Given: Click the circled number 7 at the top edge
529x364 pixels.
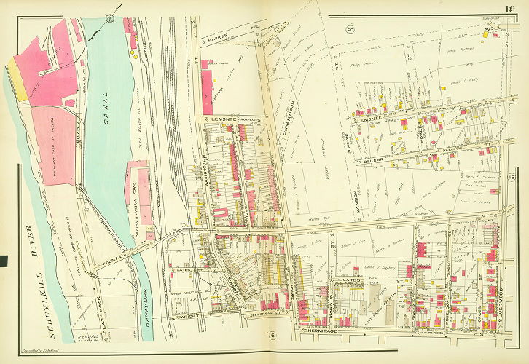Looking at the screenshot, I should [111, 17].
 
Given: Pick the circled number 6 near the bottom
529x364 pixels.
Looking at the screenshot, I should [271, 335].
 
